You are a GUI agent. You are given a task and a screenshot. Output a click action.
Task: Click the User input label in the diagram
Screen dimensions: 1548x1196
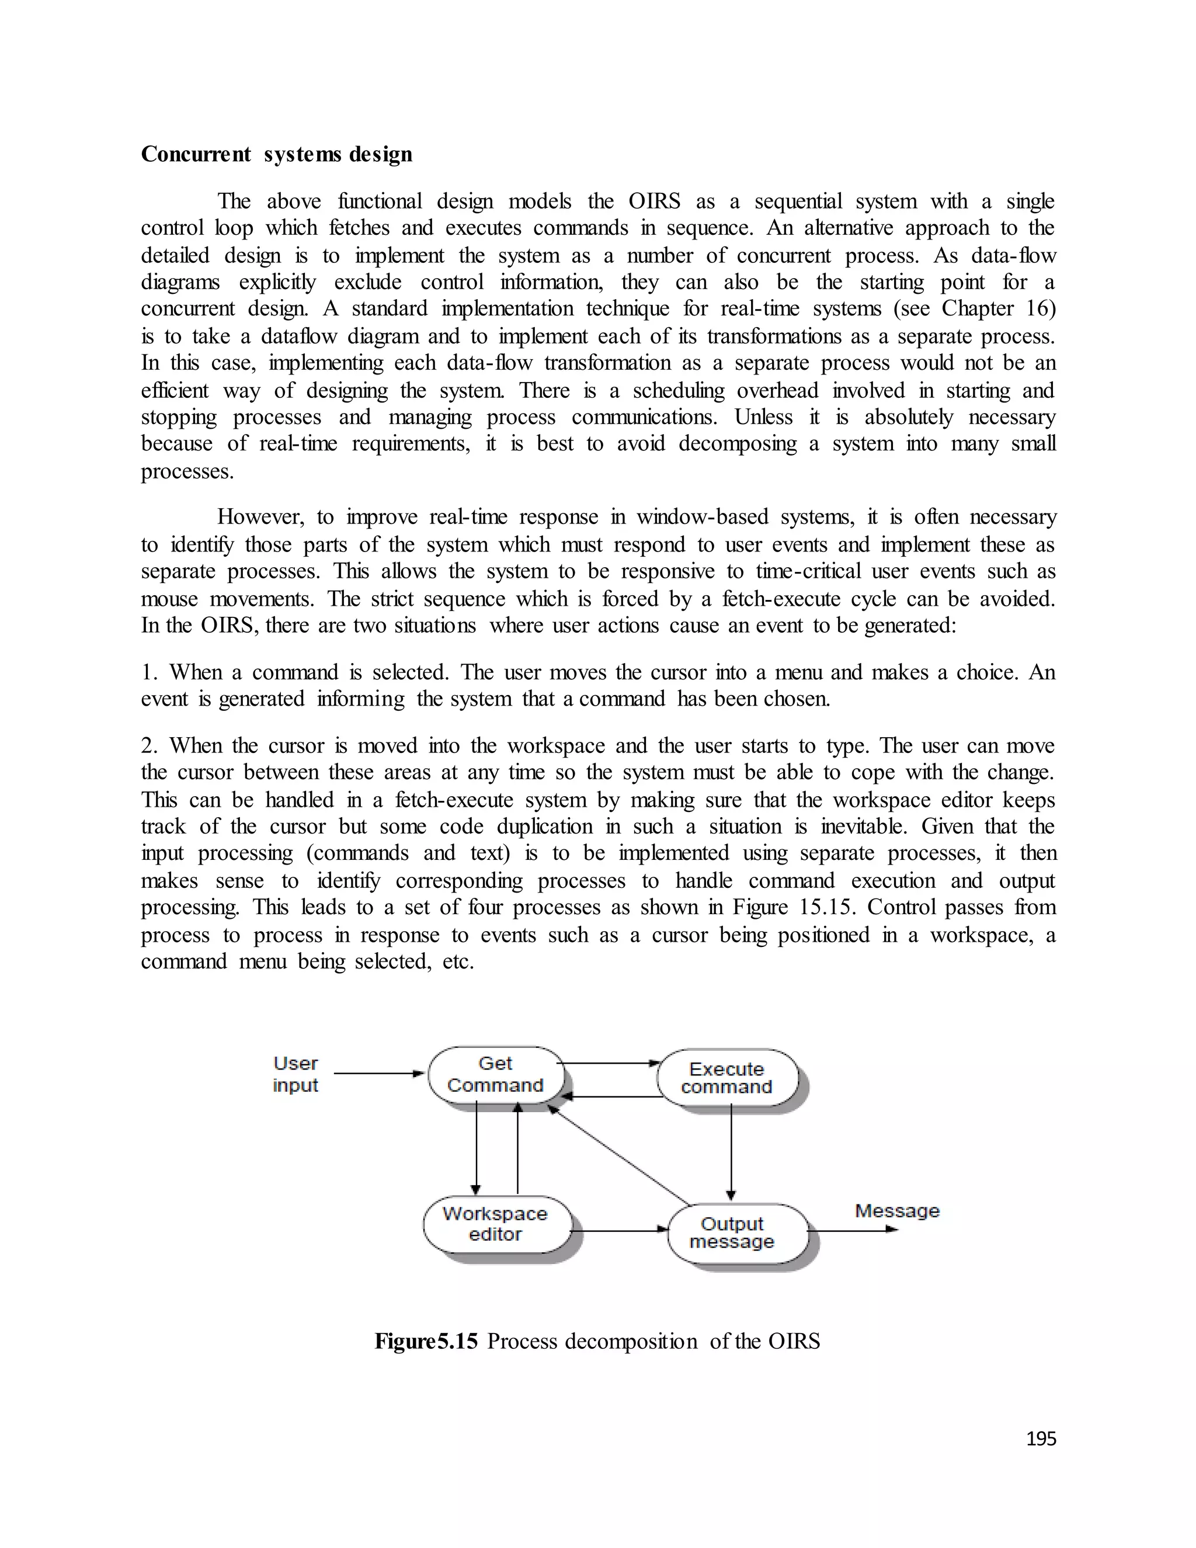pyautogui.click(x=295, y=1074)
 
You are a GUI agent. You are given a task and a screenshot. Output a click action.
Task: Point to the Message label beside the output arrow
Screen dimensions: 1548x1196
pyautogui.click(x=897, y=1210)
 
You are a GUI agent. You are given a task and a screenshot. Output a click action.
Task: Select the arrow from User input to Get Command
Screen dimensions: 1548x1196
pyautogui.click(x=378, y=1074)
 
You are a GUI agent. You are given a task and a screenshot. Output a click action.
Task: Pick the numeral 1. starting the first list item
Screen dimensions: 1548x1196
pyautogui.click(x=150, y=672)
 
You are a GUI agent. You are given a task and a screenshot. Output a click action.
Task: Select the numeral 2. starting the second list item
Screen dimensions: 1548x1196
pyautogui.click(x=150, y=745)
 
